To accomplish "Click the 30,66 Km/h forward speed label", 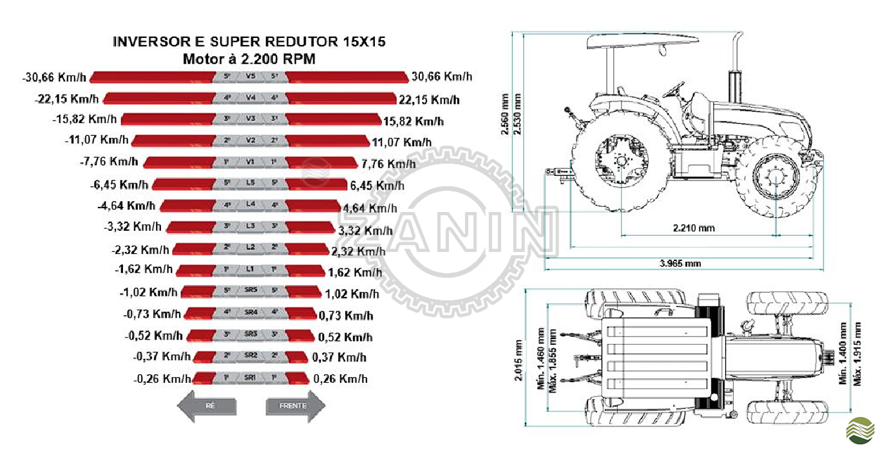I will click(x=441, y=77).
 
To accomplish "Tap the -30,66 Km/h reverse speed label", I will click(x=54, y=77).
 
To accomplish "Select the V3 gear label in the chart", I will click(x=251, y=119).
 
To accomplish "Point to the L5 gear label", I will click(x=251, y=183).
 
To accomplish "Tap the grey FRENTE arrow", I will click(x=295, y=406).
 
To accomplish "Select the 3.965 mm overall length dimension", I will click(x=680, y=264).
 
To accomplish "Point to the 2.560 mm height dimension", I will click(x=506, y=115).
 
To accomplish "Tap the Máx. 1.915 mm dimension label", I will click(x=858, y=353).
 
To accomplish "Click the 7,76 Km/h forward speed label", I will click(x=388, y=163).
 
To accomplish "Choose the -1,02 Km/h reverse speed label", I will click(x=148, y=292).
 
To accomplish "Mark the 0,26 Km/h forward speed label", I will click(x=340, y=379).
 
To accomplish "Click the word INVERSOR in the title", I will click(x=151, y=42).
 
